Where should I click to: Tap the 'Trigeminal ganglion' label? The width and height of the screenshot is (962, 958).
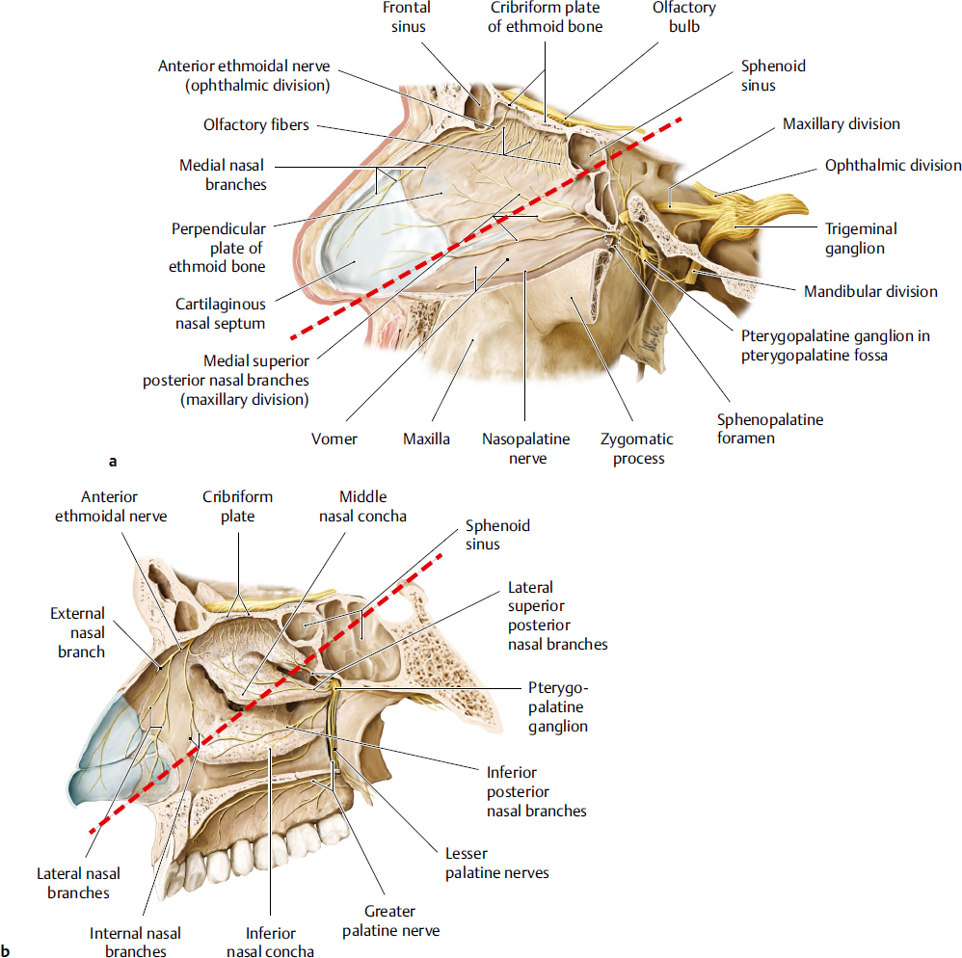861,238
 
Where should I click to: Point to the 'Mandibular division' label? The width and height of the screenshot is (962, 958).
871,291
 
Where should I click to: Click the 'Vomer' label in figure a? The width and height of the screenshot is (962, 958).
334,439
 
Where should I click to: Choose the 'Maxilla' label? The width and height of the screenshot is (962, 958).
427,439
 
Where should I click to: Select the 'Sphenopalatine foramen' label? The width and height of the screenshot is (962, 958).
770,429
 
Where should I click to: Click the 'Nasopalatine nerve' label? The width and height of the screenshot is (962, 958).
525,448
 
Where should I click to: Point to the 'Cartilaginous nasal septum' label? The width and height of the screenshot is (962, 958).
220,312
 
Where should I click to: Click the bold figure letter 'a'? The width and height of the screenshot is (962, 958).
114,462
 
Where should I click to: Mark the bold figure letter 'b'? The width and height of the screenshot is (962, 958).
8,950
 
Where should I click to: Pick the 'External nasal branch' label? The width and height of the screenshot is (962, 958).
78,632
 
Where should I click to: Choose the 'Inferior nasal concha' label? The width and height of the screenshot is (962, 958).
270,942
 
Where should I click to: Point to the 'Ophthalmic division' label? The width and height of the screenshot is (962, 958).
893,165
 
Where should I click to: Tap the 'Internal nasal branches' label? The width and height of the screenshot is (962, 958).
135,942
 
